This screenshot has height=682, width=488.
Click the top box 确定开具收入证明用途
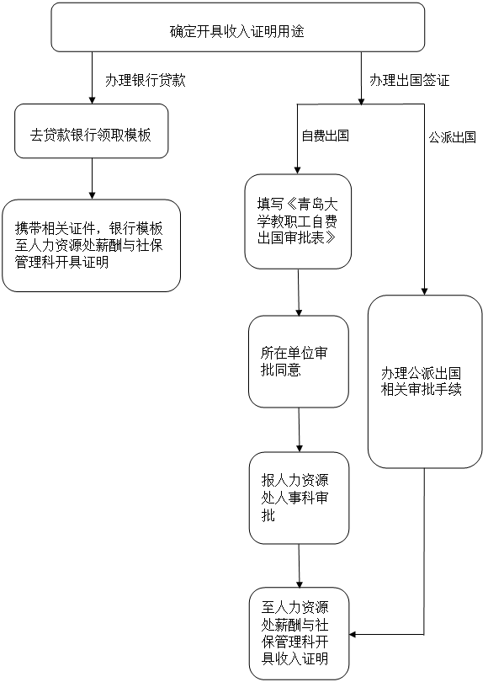(238, 27)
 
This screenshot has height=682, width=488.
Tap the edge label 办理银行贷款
(146, 80)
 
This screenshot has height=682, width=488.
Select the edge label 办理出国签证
(410, 80)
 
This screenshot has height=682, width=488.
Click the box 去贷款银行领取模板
(91, 131)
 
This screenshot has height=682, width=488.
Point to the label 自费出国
(325, 136)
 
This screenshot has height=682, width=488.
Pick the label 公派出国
(452, 137)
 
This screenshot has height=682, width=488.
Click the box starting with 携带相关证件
(91, 245)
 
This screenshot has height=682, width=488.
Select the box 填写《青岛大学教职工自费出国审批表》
(298, 221)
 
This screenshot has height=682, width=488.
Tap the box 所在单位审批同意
(299, 361)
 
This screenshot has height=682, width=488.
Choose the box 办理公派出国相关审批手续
(425, 381)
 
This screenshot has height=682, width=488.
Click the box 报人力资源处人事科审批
(299, 498)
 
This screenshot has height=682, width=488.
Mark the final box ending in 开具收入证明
(299, 633)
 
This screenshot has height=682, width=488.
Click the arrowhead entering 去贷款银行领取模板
(92, 99)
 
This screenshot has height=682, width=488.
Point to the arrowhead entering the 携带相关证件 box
(92, 194)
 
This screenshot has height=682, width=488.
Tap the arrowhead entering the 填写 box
(298, 169)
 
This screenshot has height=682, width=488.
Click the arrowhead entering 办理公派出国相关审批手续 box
(425, 291)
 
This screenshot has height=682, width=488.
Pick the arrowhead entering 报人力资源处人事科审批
(299, 448)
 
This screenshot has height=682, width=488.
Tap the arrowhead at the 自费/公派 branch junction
(361, 100)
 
